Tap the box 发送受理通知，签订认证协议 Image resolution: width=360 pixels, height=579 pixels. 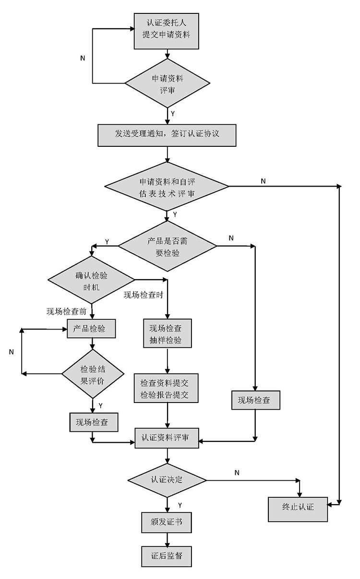point(167,134)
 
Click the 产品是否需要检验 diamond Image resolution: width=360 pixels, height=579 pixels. point(167,246)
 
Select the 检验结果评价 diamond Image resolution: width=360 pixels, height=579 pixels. point(92,375)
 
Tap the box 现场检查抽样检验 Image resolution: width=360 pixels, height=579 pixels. point(167,334)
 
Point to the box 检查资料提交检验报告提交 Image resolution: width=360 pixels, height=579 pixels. point(167,388)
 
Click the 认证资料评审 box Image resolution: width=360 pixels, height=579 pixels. point(167,437)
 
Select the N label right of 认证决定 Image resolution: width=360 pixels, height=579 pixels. point(237,473)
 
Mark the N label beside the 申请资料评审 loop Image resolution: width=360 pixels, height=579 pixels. point(83,58)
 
